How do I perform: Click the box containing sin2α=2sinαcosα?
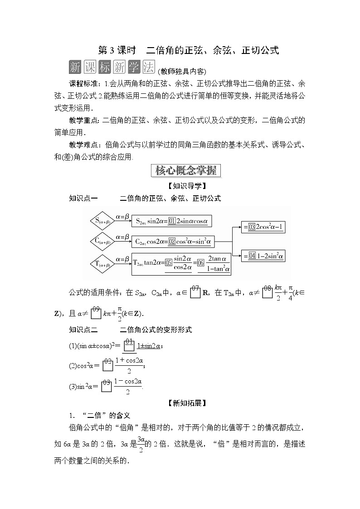172,221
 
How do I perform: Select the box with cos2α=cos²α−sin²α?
173,241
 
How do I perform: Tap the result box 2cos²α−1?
263,228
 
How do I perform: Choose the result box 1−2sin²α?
263,257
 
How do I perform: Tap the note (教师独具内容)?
182,71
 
